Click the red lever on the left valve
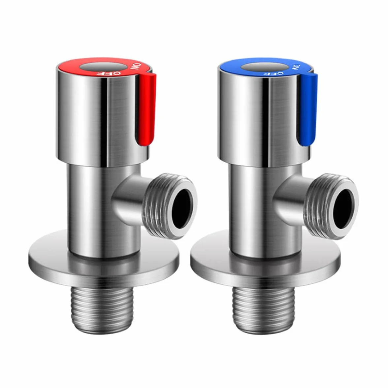(147, 109)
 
